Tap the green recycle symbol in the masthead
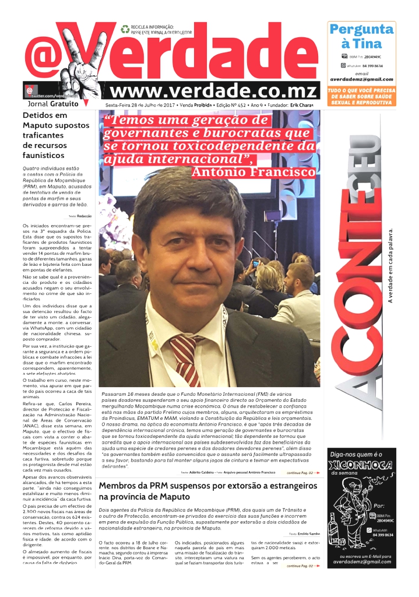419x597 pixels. click(125, 29)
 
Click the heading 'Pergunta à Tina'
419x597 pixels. click(361, 36)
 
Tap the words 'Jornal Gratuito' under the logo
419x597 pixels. click(53, 104)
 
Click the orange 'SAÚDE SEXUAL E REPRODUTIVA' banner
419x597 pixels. click(361, 97)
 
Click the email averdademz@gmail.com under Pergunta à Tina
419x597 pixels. click(361, 79)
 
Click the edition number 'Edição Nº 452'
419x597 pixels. click(231, 104)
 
